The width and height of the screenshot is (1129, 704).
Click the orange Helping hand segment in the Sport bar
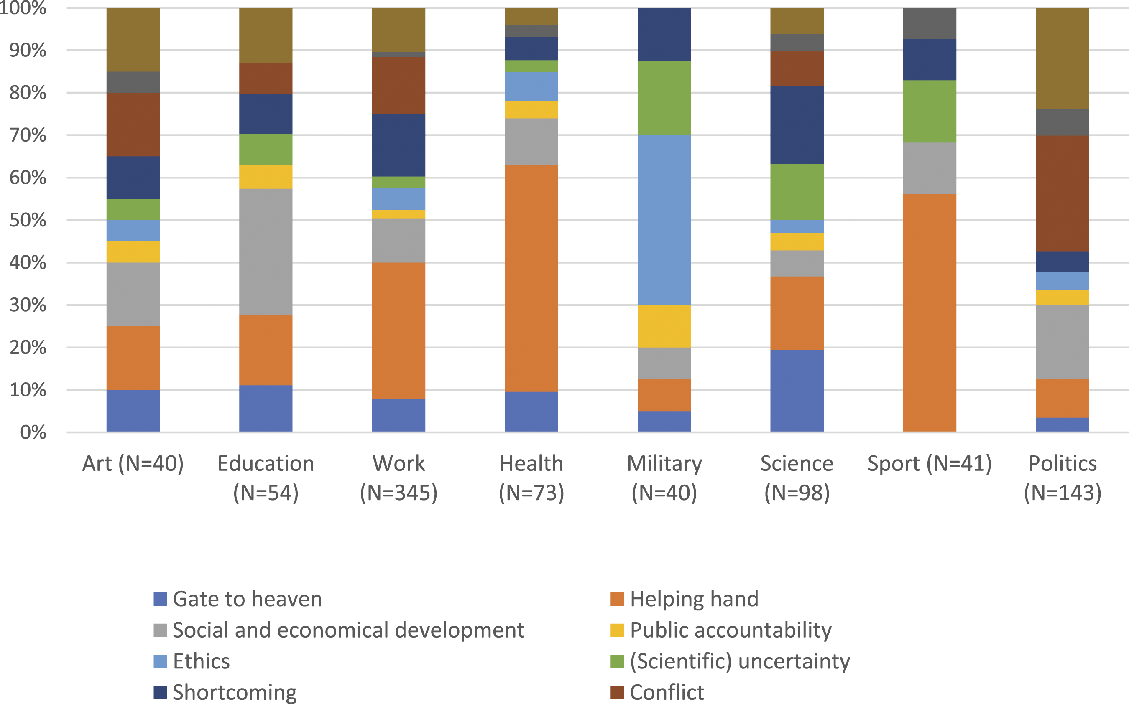click(x=930, y=313)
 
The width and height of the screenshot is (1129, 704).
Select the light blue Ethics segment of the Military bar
click(x=664, y=220)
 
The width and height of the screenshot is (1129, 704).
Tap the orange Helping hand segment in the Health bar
click(x=531, y=278)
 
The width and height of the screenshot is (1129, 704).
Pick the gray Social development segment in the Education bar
click(x=266, y=252)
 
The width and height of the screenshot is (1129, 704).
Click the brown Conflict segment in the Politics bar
click(x=1063, y=193)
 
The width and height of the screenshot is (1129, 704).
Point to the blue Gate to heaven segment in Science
click(x=797, y=391)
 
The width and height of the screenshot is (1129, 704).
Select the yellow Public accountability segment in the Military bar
click(x=664, y=326)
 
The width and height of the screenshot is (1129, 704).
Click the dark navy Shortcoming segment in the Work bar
click(x=398, y=145)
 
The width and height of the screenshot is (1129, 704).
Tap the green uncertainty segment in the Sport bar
click(x=930, y=111)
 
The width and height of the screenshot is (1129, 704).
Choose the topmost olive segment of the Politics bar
click(x=1063, y=58)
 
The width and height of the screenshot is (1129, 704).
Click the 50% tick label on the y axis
click(x=28, y=220)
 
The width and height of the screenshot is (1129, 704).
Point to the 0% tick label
click(x=33, y=432)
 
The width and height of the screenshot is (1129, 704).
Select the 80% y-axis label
click(x=28, y=93)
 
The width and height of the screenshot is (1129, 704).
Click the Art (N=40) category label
click(x=133, y=464)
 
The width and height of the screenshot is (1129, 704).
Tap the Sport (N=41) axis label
click(x=930, y=464)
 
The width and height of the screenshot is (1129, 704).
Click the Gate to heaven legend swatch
click(x=160, y=599)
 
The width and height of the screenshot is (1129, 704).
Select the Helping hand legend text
click(x=694, y=599)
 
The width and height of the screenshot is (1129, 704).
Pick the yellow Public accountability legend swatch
click(x=617, y=630)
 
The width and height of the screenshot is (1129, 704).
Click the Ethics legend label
click(x=201, y=661)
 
